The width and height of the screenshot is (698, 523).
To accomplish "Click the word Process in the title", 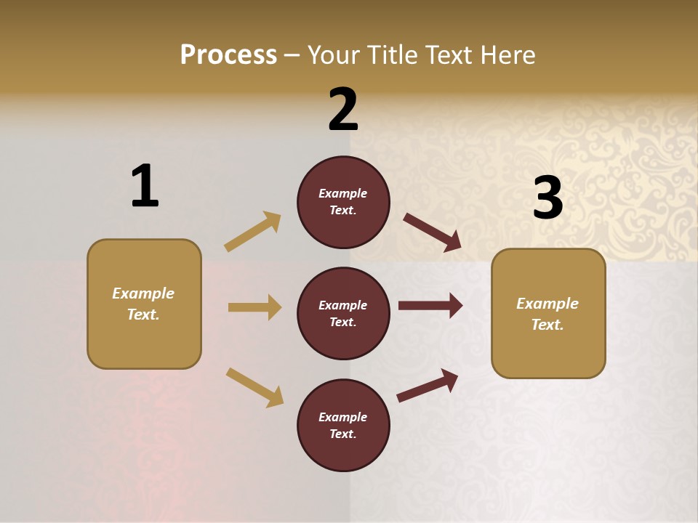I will click(x=228, y=55).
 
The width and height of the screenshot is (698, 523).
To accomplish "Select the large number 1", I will click(x=145, y=186).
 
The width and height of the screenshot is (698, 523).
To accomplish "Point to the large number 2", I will click(x=343, y=110).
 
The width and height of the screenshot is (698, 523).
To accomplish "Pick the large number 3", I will click(x=547, y=198).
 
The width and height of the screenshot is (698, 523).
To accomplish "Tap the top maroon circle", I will click(x=343, y=202).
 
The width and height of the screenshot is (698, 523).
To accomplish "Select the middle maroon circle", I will click(x=343, y=313).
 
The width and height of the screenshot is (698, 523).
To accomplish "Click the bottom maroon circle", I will click(x=343, y=425).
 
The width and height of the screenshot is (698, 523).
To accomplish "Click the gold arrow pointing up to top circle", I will click(x=253, y=232).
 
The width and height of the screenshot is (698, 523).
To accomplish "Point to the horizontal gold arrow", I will click(x=254, y=307).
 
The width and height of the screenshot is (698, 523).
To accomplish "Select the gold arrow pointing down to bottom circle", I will click(x=254, y=386).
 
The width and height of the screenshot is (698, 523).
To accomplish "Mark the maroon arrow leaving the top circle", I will click(x=432, y=232).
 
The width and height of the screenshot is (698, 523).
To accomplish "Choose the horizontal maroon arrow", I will click(x=430, y=306).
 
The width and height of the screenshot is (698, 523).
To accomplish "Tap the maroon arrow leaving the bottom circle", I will click(x=428, y=386).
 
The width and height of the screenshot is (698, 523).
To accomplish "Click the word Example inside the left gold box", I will click(x=143, y=293).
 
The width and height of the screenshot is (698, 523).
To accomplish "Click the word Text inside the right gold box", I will click(x=547, y=325).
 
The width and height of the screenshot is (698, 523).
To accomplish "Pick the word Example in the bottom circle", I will click(x=343, y=417).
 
